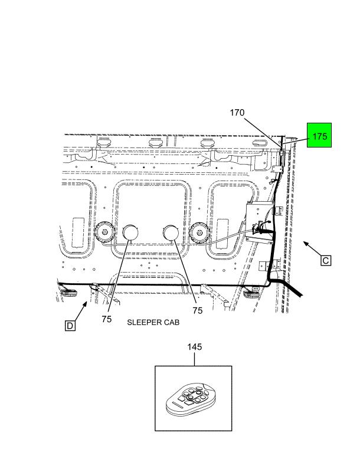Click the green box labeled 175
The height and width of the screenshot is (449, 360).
[x=319, y=136]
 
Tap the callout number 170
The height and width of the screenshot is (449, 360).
[x=237, y=113]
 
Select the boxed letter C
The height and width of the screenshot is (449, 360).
[x=326, y=260]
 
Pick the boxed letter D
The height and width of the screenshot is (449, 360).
[x=70, y=325]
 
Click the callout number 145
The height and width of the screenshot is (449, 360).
[x=195, y=347]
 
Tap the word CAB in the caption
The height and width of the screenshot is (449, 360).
[x=171, y=323]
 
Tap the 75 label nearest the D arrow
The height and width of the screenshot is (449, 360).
[x=106, y=319]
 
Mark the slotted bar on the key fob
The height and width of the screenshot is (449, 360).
[x=175, y=407]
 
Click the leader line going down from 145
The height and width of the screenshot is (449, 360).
[x=195, y=359]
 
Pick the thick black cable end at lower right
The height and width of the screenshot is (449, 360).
[x=295, y=291]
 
